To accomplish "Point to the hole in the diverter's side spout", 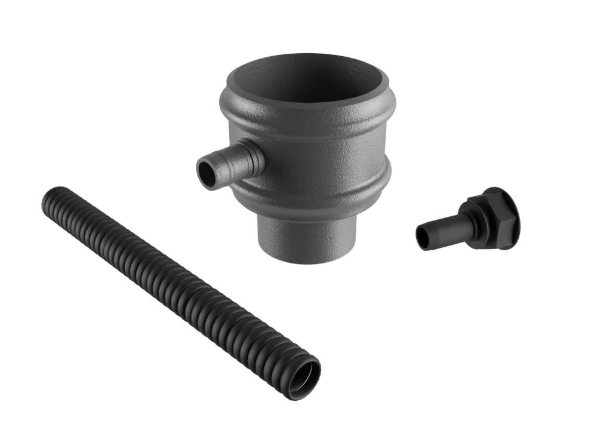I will [205, 170].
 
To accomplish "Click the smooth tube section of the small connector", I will [445, 227].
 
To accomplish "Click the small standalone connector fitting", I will [472, 219].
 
